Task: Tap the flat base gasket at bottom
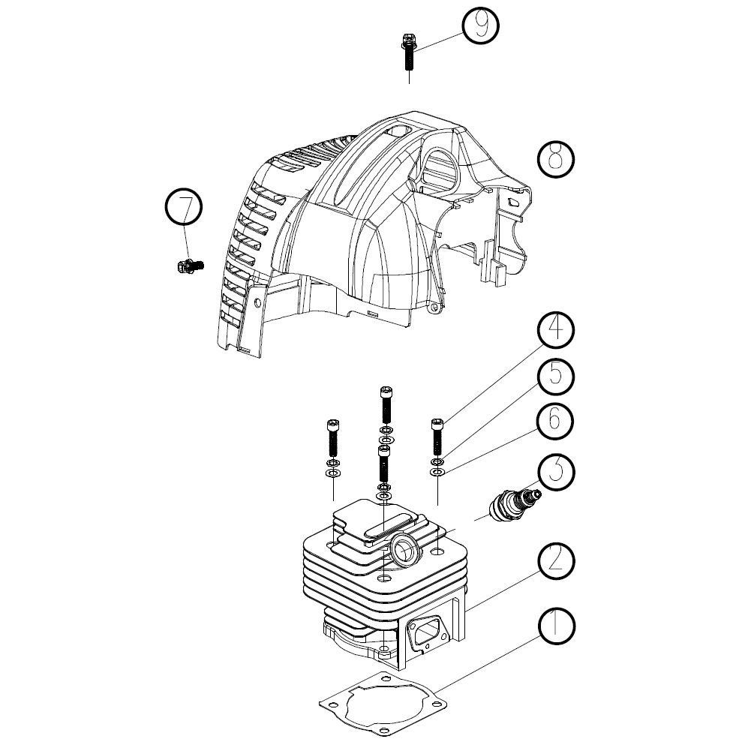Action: click(x=383, y=704)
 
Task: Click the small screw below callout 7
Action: click(x=191, y=266)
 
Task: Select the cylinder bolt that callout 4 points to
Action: click(x=437, y=435)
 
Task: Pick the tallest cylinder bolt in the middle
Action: click(x=386, y=404)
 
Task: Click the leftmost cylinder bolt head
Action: click(x=333, y=424)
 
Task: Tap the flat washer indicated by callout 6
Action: click(x=437, y=472)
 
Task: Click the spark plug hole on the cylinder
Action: click(x=404, y=551)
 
